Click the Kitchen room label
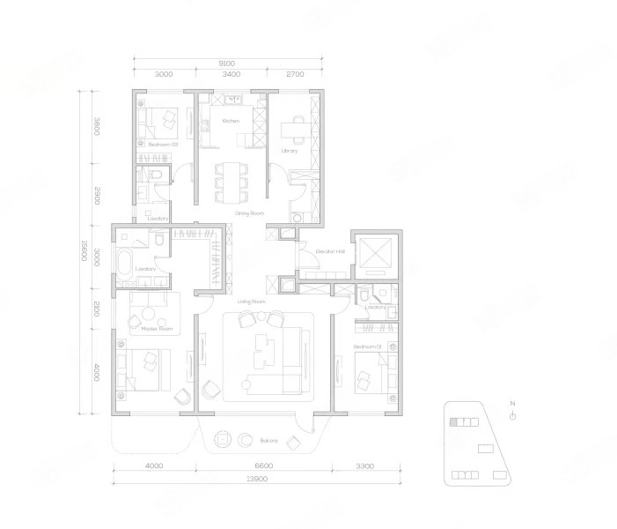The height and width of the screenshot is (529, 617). click(x=231, y=121)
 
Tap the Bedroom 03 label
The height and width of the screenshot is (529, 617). click(x=163, y=144)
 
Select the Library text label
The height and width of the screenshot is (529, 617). click(x=290, y=151)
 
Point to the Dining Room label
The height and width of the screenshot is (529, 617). click(x=249, y=213)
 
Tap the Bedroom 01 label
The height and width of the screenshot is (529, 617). click(x=365, y=347)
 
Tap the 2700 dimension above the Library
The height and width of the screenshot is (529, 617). click(x=295, y=75)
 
